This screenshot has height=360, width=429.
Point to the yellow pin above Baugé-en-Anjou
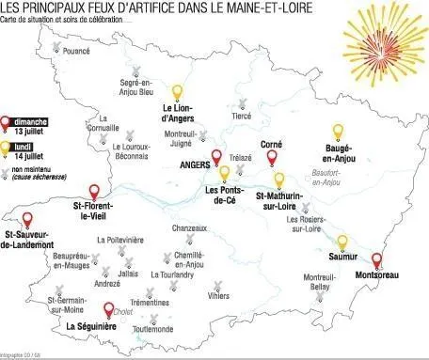click(x=338, y=132)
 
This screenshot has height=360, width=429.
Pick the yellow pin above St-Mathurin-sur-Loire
click(x=278, y=180)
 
